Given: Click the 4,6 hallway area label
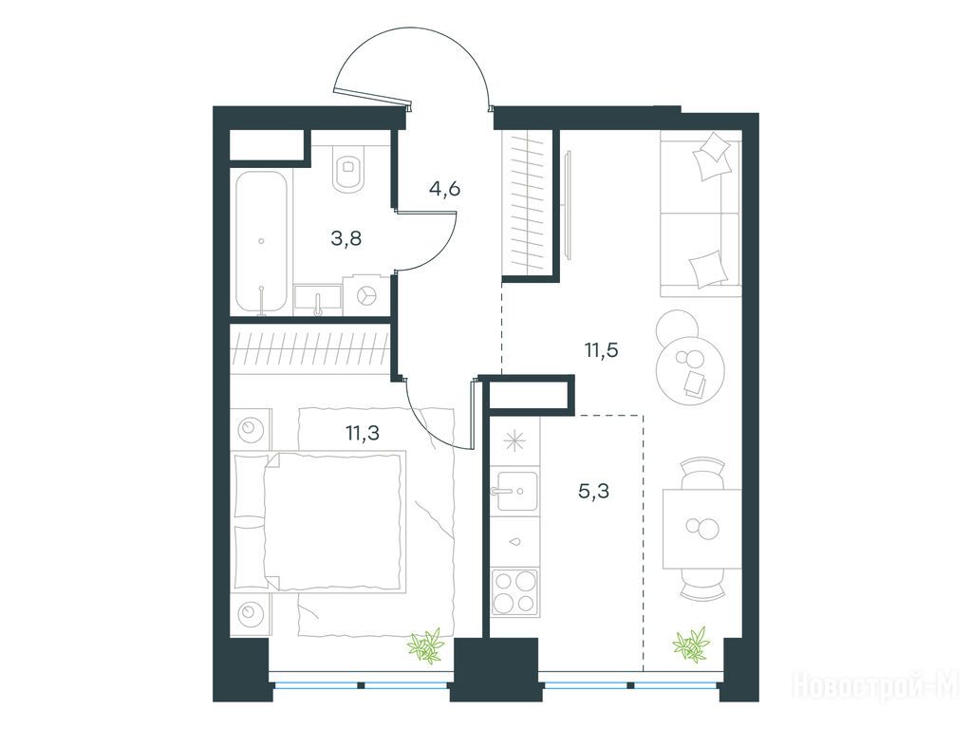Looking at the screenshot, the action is [x=444, y=189].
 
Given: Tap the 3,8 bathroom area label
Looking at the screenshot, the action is [x=346, y=238].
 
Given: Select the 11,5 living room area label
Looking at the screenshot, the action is [x=601, y=351].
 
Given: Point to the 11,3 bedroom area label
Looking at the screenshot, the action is [x=363, y=433].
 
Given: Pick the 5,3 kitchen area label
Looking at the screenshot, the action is [x=593, y=492].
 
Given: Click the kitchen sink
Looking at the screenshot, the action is [x=514, y=491].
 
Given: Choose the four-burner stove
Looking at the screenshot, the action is [x=514, y=592].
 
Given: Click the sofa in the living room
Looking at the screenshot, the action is [x=701, y=213].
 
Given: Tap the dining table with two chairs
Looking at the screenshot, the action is [x=702, y=528].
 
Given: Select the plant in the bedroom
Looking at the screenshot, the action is [x=426, y=645].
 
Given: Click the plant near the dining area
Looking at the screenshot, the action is [x=690, y=645].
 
